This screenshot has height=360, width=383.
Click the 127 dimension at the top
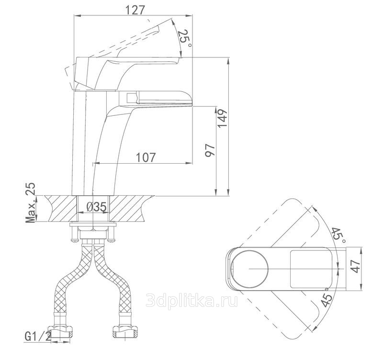(135, 10)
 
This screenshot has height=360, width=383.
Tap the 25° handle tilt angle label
(185, 38)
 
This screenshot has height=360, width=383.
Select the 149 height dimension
(222, 118)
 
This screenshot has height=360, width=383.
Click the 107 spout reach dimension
(146, 157)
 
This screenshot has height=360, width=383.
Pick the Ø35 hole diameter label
(97, 207)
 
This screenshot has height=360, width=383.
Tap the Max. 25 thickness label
(31, 202)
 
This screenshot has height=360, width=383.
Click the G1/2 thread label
(38, 337)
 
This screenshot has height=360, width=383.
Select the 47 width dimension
(355, 266)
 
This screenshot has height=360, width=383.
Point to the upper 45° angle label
(338, 236)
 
